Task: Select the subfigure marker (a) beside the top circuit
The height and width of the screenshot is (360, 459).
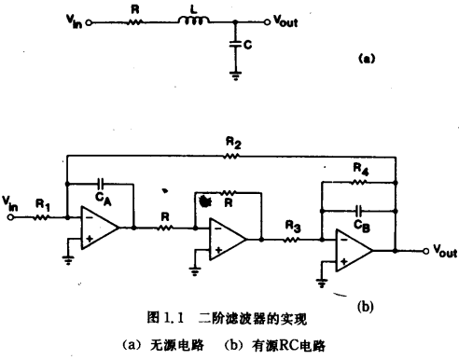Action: (x=368, y=58)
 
